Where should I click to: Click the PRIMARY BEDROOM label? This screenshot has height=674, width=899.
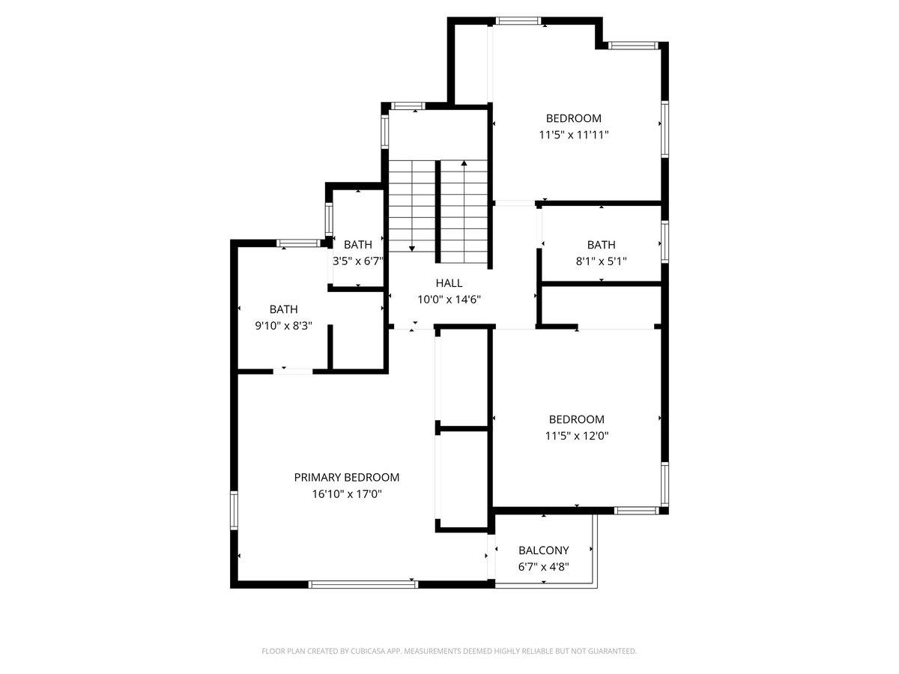(x=347, y=477)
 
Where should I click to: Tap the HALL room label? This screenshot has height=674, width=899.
(x=449, y=283)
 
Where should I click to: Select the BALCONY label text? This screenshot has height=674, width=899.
(x=543, y=550)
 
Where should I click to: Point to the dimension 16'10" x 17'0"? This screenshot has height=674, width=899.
(x=347, y=494)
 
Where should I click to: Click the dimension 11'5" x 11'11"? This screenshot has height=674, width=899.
(x=573, y=135)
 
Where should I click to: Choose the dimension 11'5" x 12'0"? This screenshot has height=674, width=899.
(x=576, y=436)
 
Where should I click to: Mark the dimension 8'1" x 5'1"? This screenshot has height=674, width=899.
(x=601, y=261)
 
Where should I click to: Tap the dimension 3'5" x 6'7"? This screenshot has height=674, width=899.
(x=357, y=261)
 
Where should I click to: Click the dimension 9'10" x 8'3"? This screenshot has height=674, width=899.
(x=283, y=326)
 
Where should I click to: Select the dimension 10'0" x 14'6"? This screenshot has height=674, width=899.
(x=449, y=300)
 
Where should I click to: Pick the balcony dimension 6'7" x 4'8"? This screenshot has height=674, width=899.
(x=543, y=567)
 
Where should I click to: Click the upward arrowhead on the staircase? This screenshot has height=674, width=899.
(x=464, y=163)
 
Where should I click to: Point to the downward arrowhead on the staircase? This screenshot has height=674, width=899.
(x=411, y=249)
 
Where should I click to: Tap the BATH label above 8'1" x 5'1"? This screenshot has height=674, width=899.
(x=601, y=245)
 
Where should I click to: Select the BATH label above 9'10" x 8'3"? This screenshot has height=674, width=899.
(x=283, y=309)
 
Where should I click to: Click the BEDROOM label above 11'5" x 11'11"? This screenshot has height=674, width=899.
(x=573, y=118)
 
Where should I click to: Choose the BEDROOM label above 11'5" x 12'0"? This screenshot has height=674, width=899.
(x=576, y=419)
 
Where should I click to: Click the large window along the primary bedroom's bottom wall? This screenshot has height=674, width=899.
(x=363, y=584)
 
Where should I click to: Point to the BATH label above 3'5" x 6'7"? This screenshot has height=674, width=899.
(x=357, y=245)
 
